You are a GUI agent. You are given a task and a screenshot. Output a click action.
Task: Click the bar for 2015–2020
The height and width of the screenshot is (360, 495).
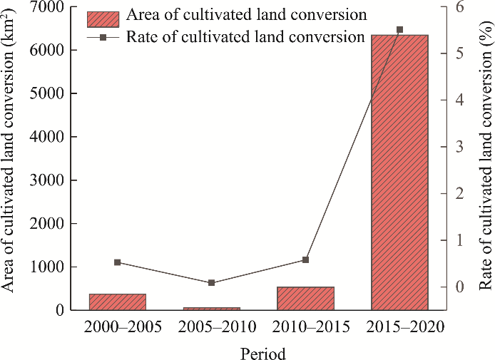pos(399,171)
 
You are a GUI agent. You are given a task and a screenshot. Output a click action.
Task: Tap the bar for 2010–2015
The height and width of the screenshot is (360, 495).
pos(305,298)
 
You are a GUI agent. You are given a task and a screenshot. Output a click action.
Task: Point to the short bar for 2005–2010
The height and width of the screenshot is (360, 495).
pos(212,308)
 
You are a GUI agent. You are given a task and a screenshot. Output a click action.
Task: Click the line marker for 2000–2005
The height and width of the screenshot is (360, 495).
pos(118,262)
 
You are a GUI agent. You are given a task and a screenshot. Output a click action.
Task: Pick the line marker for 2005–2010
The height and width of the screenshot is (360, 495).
pos(212,283)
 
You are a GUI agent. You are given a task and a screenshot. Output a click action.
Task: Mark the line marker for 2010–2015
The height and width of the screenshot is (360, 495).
pos(305,259)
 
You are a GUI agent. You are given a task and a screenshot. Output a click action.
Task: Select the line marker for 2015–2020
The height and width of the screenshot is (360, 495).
pos(399,30)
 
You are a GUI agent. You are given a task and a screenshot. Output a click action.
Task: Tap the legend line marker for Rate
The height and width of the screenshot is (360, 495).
pos(103,36)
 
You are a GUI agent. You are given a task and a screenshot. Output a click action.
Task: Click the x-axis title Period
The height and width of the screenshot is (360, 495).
pos(263,353)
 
